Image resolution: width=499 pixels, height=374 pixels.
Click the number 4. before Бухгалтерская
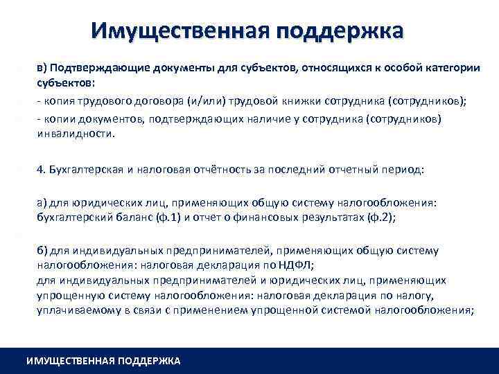pyautogui.click(x=41, y=168)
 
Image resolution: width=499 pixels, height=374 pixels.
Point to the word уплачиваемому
pyautogui.click(x=74, y=310)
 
